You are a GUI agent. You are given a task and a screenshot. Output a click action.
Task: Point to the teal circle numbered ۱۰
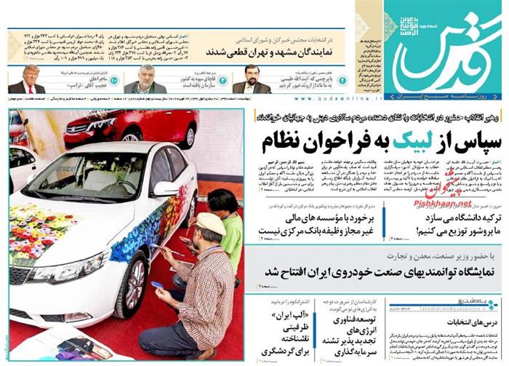coord(113,81)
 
